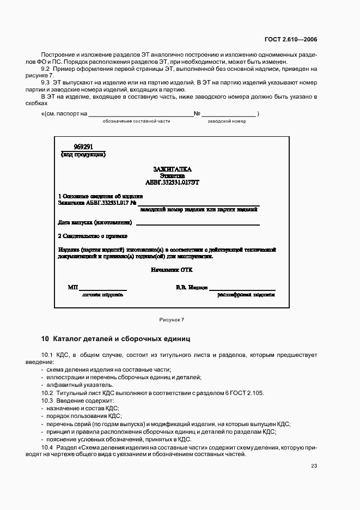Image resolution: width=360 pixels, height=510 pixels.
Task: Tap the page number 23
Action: [x=314, y=465]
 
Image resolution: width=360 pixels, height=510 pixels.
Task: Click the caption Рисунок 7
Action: [x=172, y=320]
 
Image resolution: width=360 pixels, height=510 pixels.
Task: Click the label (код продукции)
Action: [x=83, y=154]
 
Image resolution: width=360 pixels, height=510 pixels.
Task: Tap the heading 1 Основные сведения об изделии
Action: [x=100, y=196]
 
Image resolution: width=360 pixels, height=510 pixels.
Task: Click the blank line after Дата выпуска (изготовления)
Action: [x=198, y=223]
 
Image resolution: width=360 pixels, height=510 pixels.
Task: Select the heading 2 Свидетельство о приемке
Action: [x=93, y=236]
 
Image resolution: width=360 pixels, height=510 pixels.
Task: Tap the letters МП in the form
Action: [x=73, y=287]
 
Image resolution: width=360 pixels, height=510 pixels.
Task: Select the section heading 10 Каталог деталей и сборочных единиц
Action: [x=115, y=338]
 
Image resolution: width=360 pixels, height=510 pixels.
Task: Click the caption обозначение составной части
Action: [x=137, y=121]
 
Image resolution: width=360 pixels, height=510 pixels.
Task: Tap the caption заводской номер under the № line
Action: [x=227, y=121]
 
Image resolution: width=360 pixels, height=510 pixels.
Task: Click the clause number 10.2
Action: [x=47, y=393]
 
